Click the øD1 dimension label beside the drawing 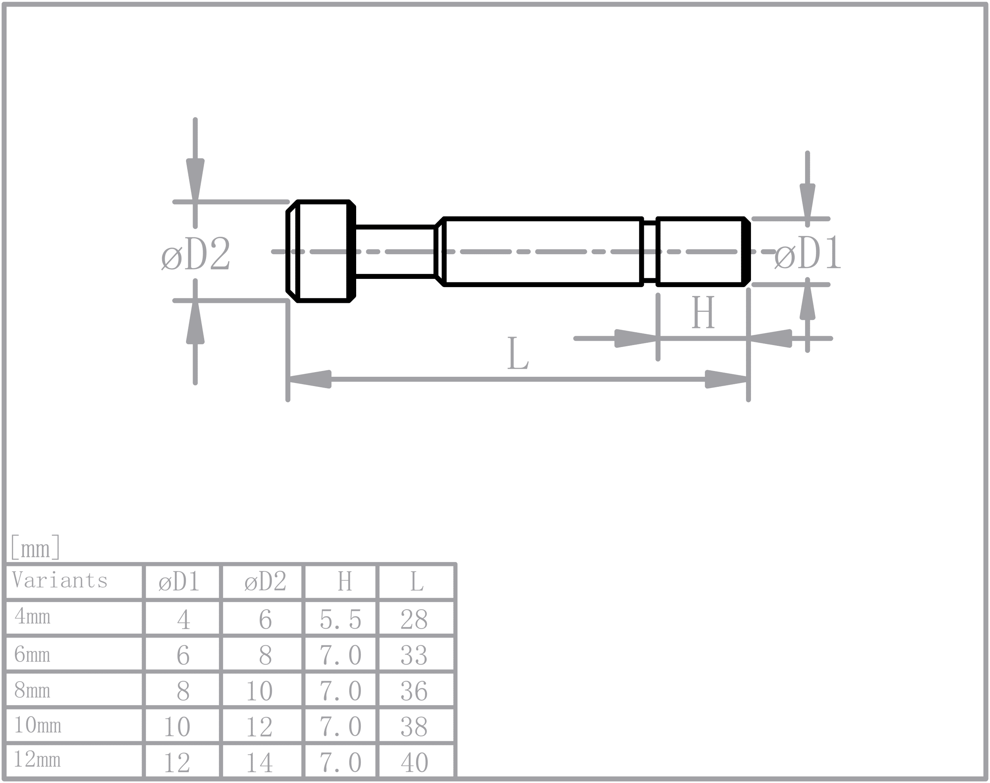coord(807,253)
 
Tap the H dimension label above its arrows coord(703,312)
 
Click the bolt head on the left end coord(321,251)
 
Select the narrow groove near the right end coord(649,251)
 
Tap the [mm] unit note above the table coord(35,547)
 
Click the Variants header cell coord(60,580)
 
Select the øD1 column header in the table coord(179,582)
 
